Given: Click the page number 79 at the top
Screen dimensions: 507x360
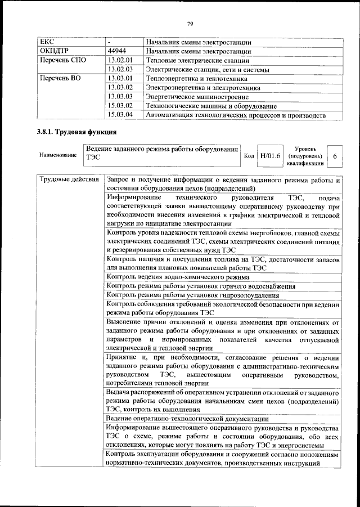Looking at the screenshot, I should [190, 23].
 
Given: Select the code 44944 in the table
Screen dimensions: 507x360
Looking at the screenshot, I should [117, 51].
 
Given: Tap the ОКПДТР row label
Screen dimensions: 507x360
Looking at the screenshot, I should [54, 51].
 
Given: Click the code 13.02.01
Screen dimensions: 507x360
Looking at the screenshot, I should [119, 60].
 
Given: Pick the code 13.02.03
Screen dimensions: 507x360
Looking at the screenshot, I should [119, 69].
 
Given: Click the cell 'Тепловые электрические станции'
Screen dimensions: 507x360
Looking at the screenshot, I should [197, 60].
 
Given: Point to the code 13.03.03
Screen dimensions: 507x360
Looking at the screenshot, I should [119, 97].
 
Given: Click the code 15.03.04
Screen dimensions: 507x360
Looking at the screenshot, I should [119, 115].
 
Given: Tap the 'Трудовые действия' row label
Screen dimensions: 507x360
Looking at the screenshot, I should [69, 180].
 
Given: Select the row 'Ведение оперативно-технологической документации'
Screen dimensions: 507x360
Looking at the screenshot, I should [187, 419].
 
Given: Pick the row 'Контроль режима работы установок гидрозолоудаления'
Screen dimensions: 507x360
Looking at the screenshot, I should [192, 295].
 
